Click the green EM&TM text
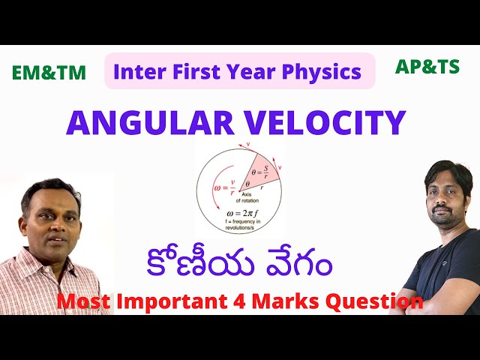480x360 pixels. coord(49,73)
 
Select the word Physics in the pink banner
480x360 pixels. coord(324,71)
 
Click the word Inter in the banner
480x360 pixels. coord(136,71)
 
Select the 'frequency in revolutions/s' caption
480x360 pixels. coord(238,229)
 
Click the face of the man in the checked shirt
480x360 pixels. coord(52,217)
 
